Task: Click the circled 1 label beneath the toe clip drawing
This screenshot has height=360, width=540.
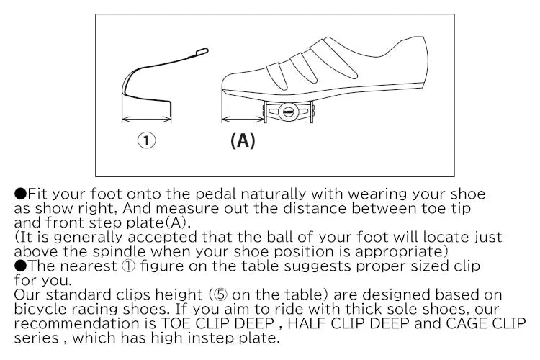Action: tap(147, 140)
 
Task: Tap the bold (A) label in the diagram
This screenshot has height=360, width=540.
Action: tap(243, 140)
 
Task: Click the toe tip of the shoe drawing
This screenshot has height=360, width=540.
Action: tap(224, 80)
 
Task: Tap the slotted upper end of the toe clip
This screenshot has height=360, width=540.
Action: tap(201, 51)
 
